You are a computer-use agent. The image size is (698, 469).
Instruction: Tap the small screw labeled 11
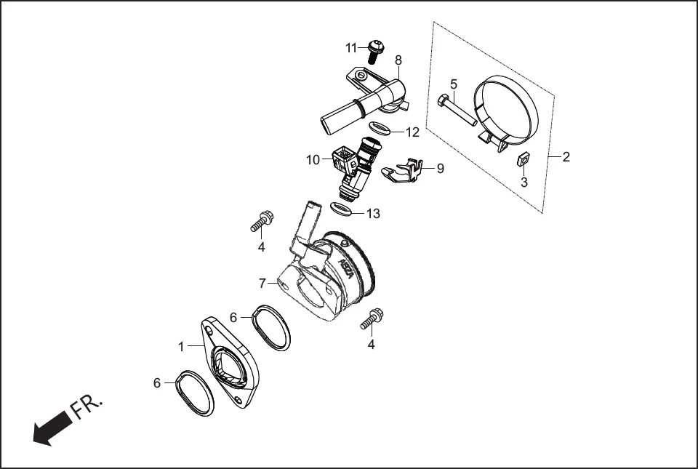(376, 50)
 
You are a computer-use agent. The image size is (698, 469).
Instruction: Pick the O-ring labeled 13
(342, 209)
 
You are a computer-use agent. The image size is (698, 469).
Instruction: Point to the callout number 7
(262, 282)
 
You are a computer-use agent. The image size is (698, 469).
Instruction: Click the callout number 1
(182, 347)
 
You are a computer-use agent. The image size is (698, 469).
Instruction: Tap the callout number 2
(566, 156)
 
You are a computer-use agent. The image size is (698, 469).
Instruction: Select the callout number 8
(398, 60)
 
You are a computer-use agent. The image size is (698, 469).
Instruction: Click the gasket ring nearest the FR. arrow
(196, 393)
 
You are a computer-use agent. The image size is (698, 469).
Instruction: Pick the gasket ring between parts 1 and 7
(270, 328)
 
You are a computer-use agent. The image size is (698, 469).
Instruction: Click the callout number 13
(373, 214)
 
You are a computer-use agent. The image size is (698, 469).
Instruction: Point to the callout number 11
(352, 48)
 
